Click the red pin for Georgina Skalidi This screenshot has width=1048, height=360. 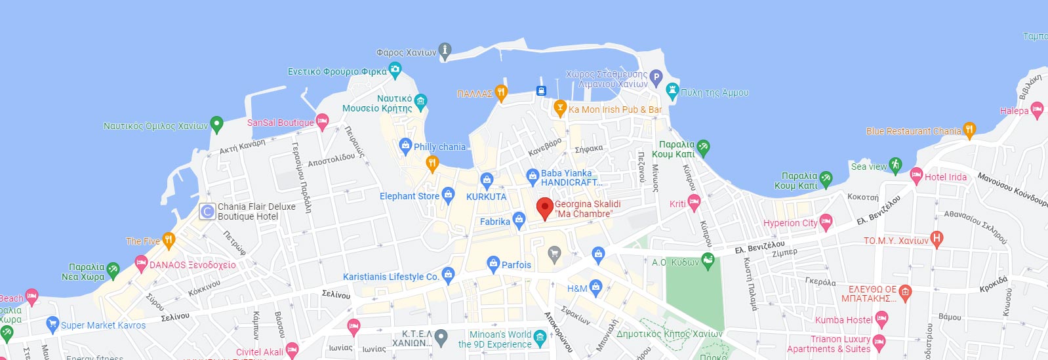point(544,208)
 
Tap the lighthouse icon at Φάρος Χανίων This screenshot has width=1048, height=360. point(445,50)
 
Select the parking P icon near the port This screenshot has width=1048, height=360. point(656,77)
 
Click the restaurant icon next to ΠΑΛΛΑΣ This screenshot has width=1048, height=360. point(501,92)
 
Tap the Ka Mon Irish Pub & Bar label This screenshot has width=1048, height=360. point(615,110)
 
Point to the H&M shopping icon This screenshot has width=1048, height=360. point(595,286)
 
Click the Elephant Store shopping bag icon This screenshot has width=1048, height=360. point(448,193)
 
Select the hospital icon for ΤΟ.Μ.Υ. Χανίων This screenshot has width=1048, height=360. point(937,239)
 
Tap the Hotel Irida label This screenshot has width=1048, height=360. point(945,177)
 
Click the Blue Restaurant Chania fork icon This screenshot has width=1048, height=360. point(969,129)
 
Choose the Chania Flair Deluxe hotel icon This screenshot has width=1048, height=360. point(207,211)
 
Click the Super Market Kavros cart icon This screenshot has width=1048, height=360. point(52,323)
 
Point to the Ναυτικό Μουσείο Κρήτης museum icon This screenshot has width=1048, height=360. point(420,100)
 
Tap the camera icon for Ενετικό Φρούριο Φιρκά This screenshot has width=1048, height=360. point(395,68)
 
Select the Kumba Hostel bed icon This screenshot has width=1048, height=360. point(881,319)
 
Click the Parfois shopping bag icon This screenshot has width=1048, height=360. point(493,264)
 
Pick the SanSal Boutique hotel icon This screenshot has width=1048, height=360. point(322,121)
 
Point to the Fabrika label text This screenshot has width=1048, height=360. point(494,222)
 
